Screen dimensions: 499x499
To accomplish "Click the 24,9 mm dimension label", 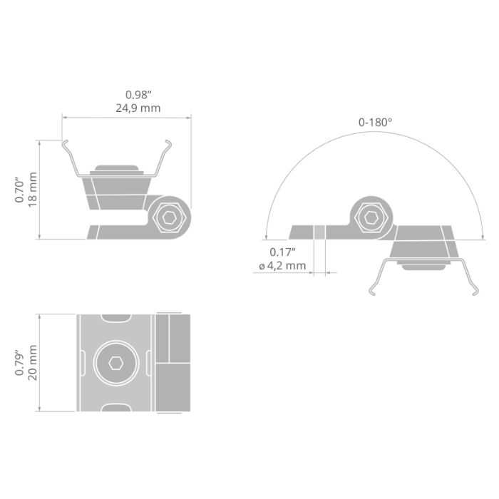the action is pos(138,108).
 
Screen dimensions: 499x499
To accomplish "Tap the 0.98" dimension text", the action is pos(138,95).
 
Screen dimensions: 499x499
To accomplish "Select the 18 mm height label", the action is pos(33,190).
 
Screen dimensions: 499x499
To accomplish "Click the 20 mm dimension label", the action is pos(33,362).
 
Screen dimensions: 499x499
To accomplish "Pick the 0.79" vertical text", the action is pos(19,363).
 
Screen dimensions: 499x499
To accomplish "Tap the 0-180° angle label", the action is pos(375,122).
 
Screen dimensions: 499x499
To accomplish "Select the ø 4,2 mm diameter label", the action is pos(282,265).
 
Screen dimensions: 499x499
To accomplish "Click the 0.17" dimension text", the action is pos(282,252).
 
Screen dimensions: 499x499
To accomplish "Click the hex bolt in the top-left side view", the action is pos(169,218).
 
